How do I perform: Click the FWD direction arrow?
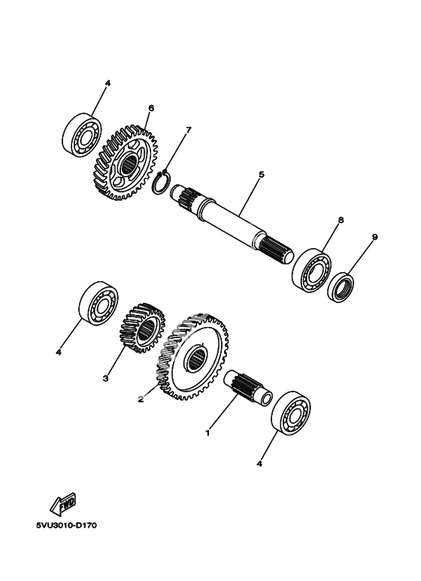tap(63, 504)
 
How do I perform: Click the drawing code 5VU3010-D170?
tap(66, 525)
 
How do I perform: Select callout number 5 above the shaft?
tap(262, 174)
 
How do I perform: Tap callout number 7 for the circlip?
tap(188, 130)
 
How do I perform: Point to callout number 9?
tap(374, 237)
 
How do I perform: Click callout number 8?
tap(341, 220)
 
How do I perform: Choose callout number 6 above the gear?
tap(151, 108)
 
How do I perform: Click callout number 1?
tap(207, 432)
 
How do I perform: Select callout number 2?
tap(141, 399)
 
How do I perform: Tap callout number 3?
tap(105, 378)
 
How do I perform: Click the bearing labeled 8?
tap(313, 271)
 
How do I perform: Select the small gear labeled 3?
tap(143, 328)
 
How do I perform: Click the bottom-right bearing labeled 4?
tap(291, 412)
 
